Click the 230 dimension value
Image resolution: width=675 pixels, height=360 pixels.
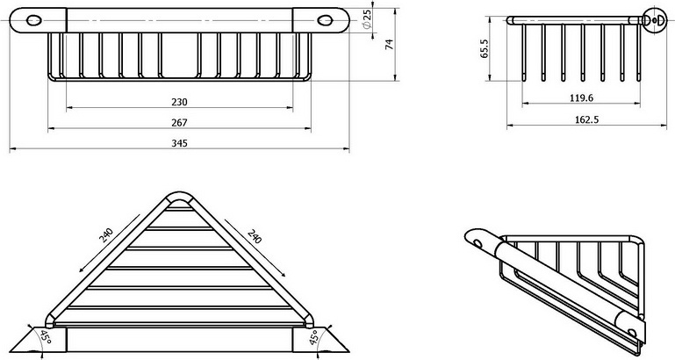click(180, 102)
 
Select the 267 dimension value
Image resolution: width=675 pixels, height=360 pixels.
click(180, 123)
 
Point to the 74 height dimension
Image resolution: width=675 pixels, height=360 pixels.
click(387, 46)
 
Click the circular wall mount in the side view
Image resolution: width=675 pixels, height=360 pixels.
click(652, 18)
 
